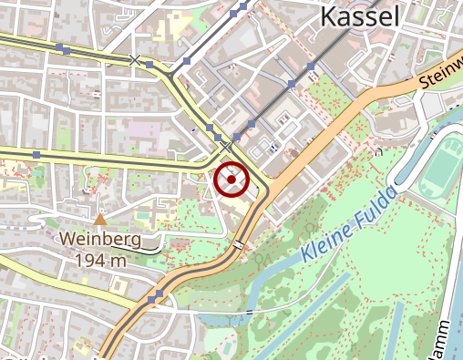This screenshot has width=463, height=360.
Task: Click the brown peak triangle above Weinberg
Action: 100,219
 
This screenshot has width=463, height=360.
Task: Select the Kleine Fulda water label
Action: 350,224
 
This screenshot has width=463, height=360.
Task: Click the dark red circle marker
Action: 231,180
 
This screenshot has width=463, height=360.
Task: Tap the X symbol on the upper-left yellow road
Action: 136,60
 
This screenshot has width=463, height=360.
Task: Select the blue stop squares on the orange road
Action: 155,297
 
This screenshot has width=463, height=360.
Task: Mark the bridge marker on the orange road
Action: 239,244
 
